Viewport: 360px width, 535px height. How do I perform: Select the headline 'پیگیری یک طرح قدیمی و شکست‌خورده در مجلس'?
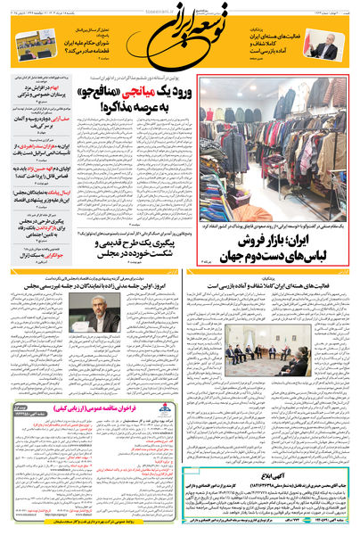pyautogui.click(x=134, y=245)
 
